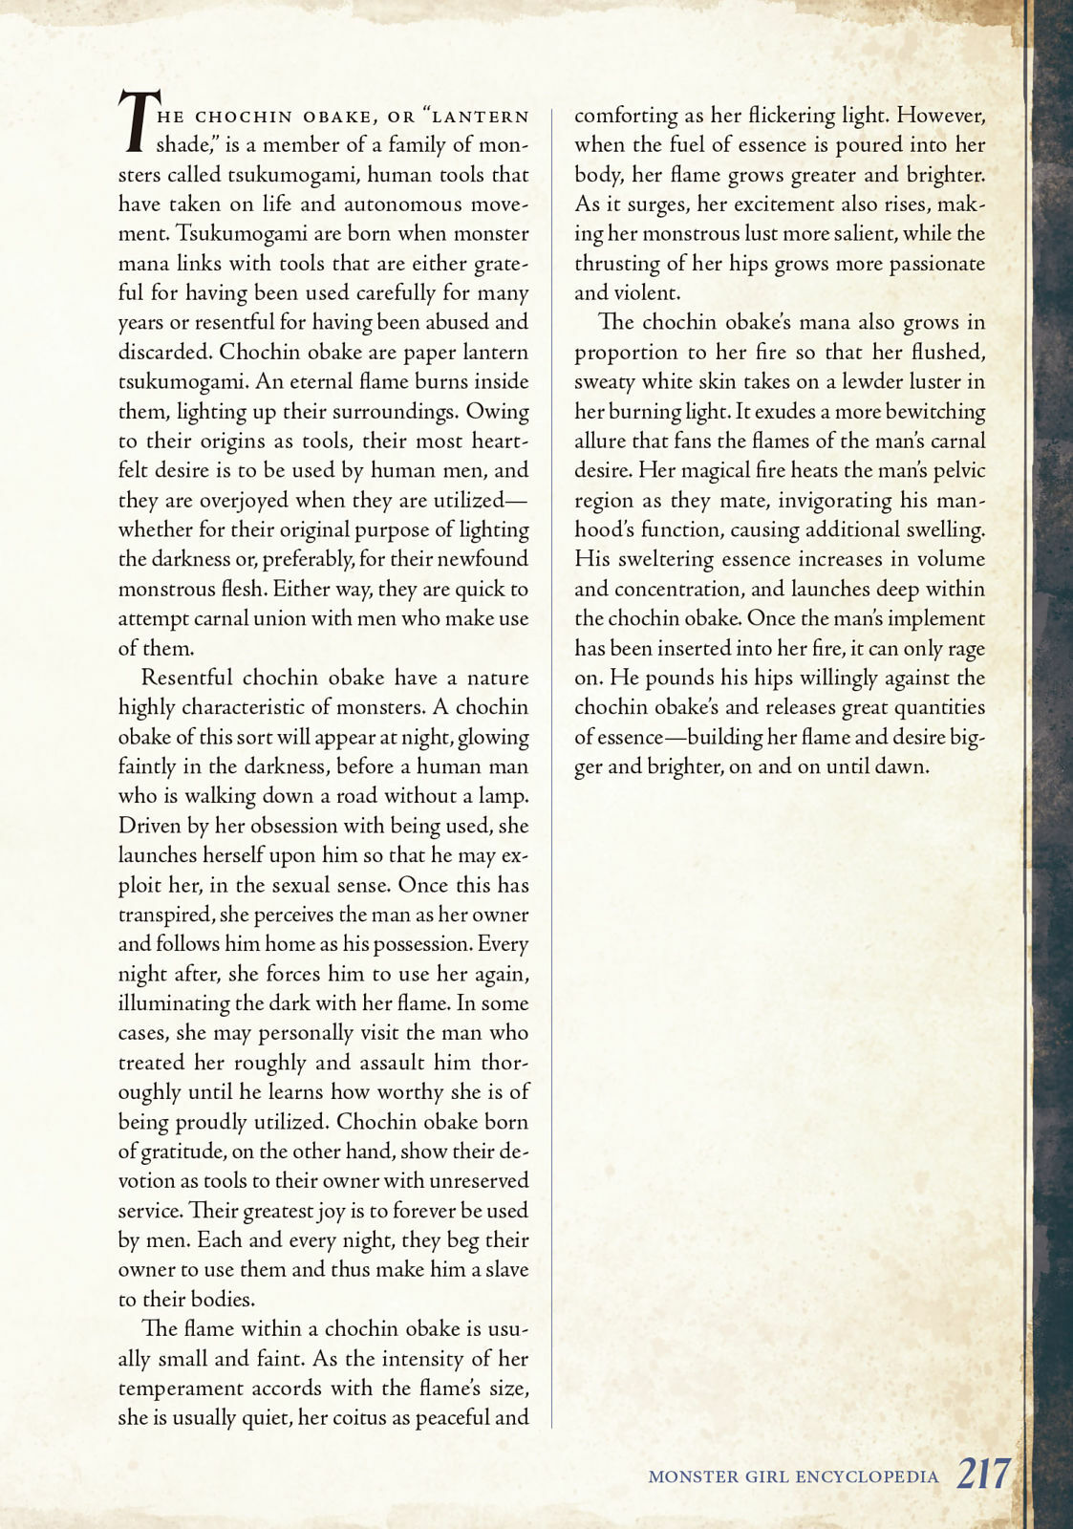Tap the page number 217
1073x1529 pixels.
[x=982, y=1475]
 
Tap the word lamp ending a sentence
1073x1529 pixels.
[x=504, y=797]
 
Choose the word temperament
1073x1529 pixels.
[x=178, y=1389]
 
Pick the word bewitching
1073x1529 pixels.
[x=925, y=412]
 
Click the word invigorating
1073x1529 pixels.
[x=820, y=501]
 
